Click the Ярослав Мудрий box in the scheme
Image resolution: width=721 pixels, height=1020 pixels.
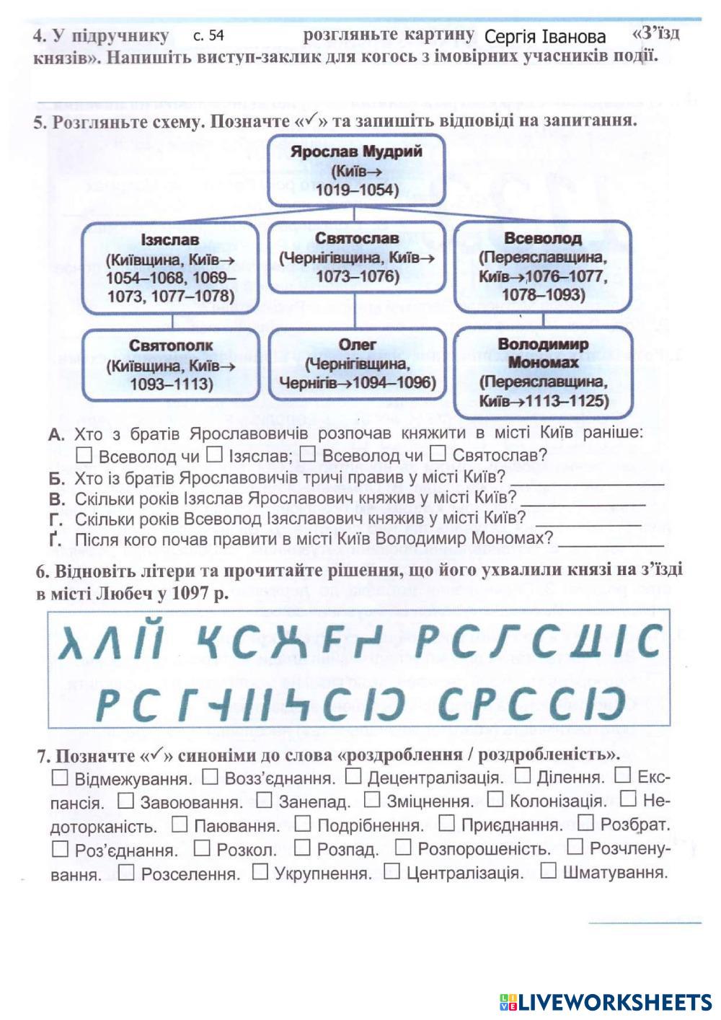(356, 170)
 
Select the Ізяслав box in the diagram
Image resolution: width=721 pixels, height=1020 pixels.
(170, 267)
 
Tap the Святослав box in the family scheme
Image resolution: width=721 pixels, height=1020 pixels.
(356, 258)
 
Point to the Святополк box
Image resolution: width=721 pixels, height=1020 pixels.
(171, 364)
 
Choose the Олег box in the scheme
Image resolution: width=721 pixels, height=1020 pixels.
(357, 364)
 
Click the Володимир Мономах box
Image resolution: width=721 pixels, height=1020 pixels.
(543, 372)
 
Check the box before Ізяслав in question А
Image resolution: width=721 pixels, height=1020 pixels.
(214, 454)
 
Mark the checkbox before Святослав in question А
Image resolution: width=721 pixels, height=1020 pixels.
(438, 454)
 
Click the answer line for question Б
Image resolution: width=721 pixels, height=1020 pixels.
(586, 481)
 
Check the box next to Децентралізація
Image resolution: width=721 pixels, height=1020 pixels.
(353, 776)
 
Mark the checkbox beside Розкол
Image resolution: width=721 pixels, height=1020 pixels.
(203, 848)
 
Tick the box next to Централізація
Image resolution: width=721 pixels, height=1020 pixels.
(392, 871)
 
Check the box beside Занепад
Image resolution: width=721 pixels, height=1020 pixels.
(265, 800)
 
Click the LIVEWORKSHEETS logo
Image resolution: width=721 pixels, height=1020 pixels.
(606, 1001)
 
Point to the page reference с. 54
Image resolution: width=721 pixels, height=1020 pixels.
(209, 35)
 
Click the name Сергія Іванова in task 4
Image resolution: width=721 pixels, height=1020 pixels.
(545, 37)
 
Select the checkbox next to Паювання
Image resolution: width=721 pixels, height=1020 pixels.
(180, 824)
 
